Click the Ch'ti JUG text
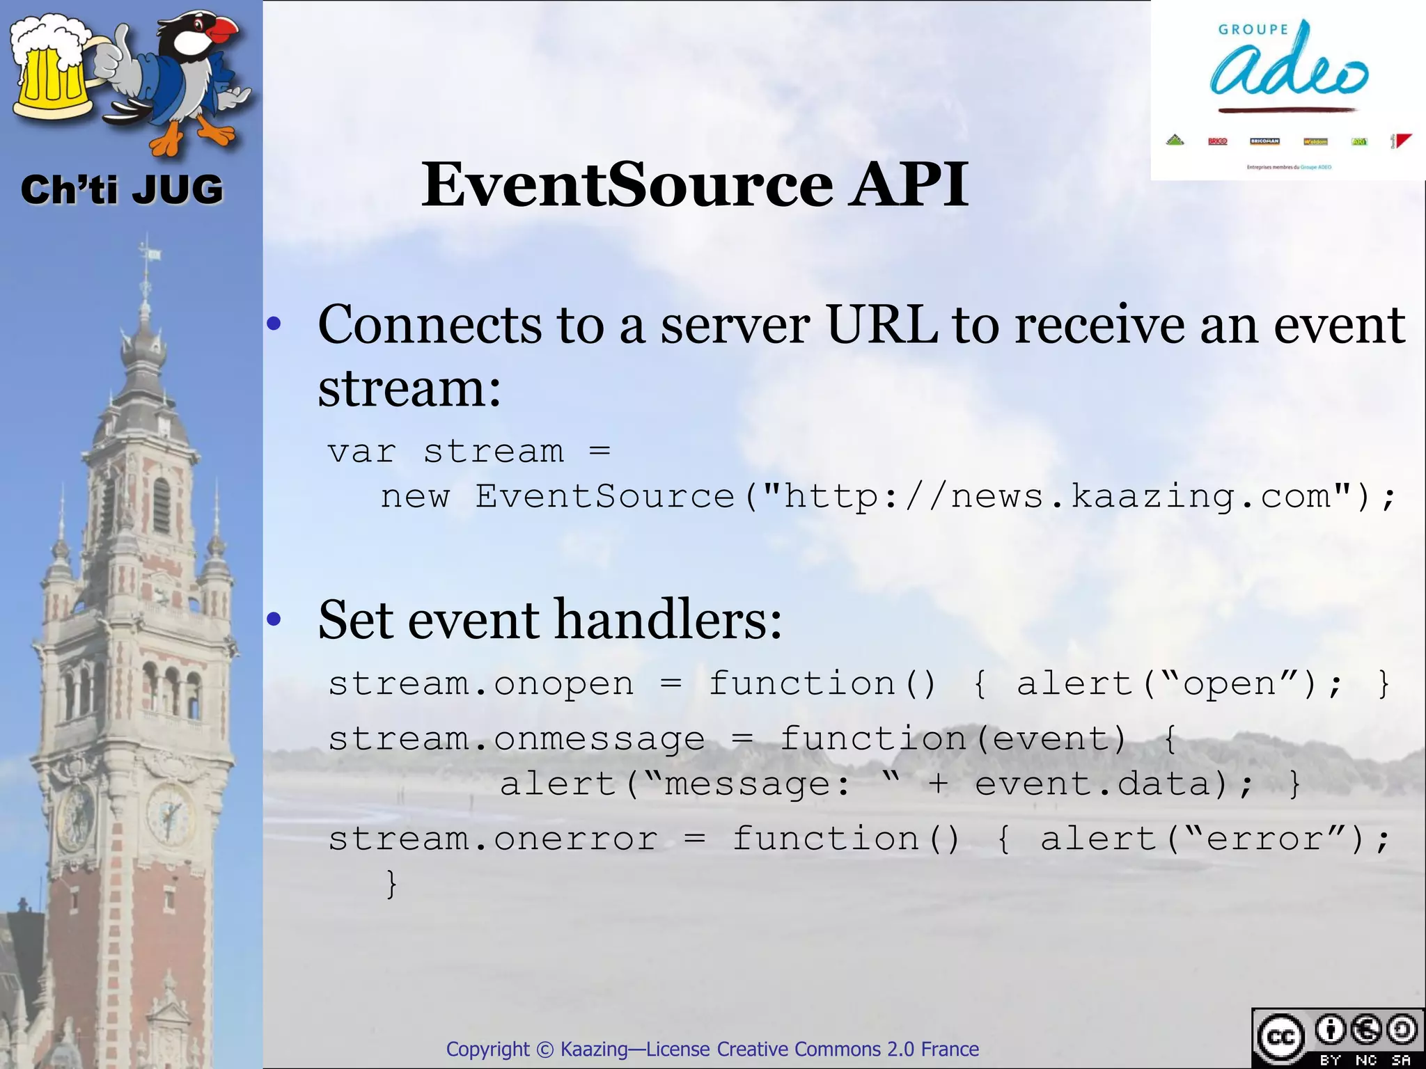coord(122,190)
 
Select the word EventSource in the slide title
coord(627,184)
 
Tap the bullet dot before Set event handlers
coord(274,619)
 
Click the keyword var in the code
coord(361,452)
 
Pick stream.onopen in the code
coord(480,684)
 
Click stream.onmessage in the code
coord(516,739)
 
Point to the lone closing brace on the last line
coord(392,885)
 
